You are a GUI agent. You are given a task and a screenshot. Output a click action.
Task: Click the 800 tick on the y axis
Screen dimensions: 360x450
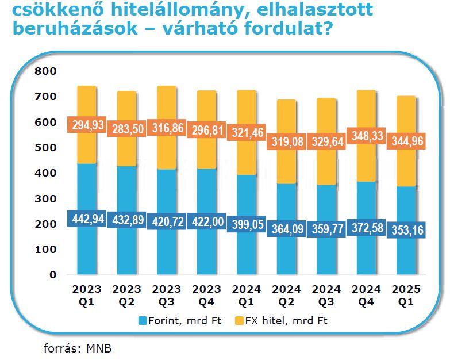pyautogui.click(x=45, y=71)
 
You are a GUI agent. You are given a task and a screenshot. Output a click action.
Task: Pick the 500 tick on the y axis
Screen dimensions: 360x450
pyautogui.click(x=45, y=148)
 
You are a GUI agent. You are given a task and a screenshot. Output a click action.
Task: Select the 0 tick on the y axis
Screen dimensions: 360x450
pyautogui.click(x=53, y=275)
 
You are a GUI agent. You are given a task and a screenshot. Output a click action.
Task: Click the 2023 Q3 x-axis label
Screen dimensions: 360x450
pyautogui.click(x=166, y=294)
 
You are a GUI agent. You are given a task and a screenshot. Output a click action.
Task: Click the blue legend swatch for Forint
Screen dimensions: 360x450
pyautogui.click(x=143, y=320)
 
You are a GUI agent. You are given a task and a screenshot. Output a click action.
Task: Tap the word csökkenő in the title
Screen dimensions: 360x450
pyautogui.click(x=49, y=9)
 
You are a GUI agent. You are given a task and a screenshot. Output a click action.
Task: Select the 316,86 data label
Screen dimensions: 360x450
pyautogui.click(x=166, y=128)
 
